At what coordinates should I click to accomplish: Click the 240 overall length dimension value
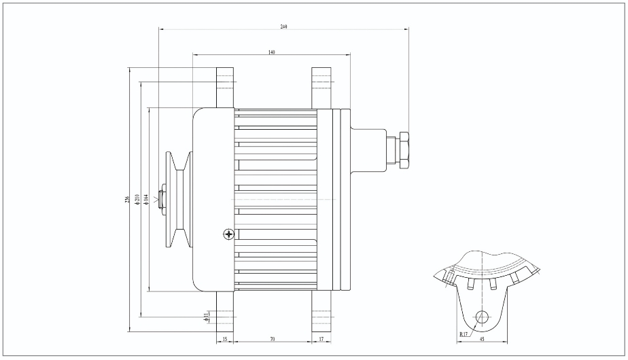point(283,26)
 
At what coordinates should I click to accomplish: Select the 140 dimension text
point(272,52)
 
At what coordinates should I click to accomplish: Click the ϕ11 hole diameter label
point(207,316)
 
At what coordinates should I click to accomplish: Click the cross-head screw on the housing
point(228,234)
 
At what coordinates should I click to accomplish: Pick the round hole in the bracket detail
point(482,317)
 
